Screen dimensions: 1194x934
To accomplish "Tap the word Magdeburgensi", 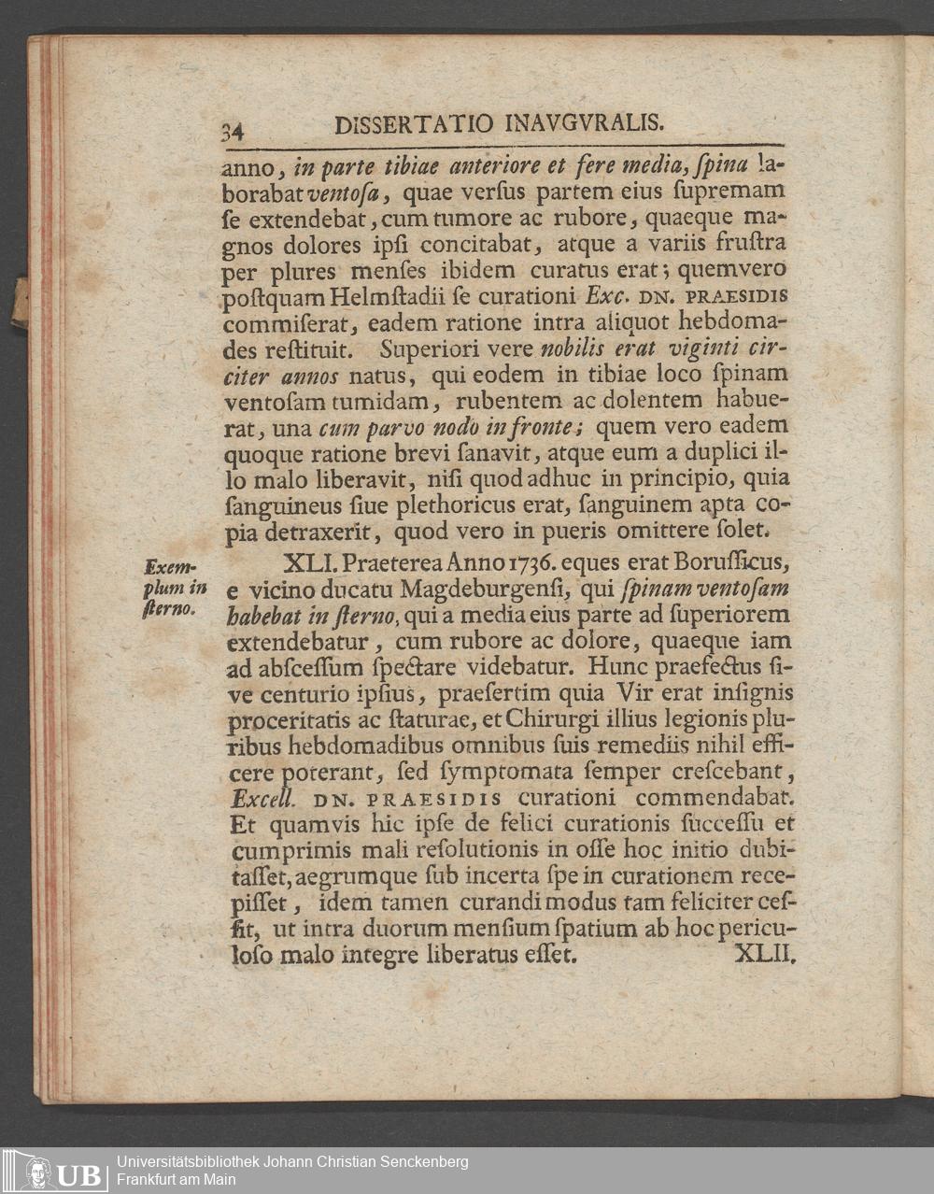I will (485, 590).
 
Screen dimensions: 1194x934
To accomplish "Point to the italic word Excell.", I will (262, 799).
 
